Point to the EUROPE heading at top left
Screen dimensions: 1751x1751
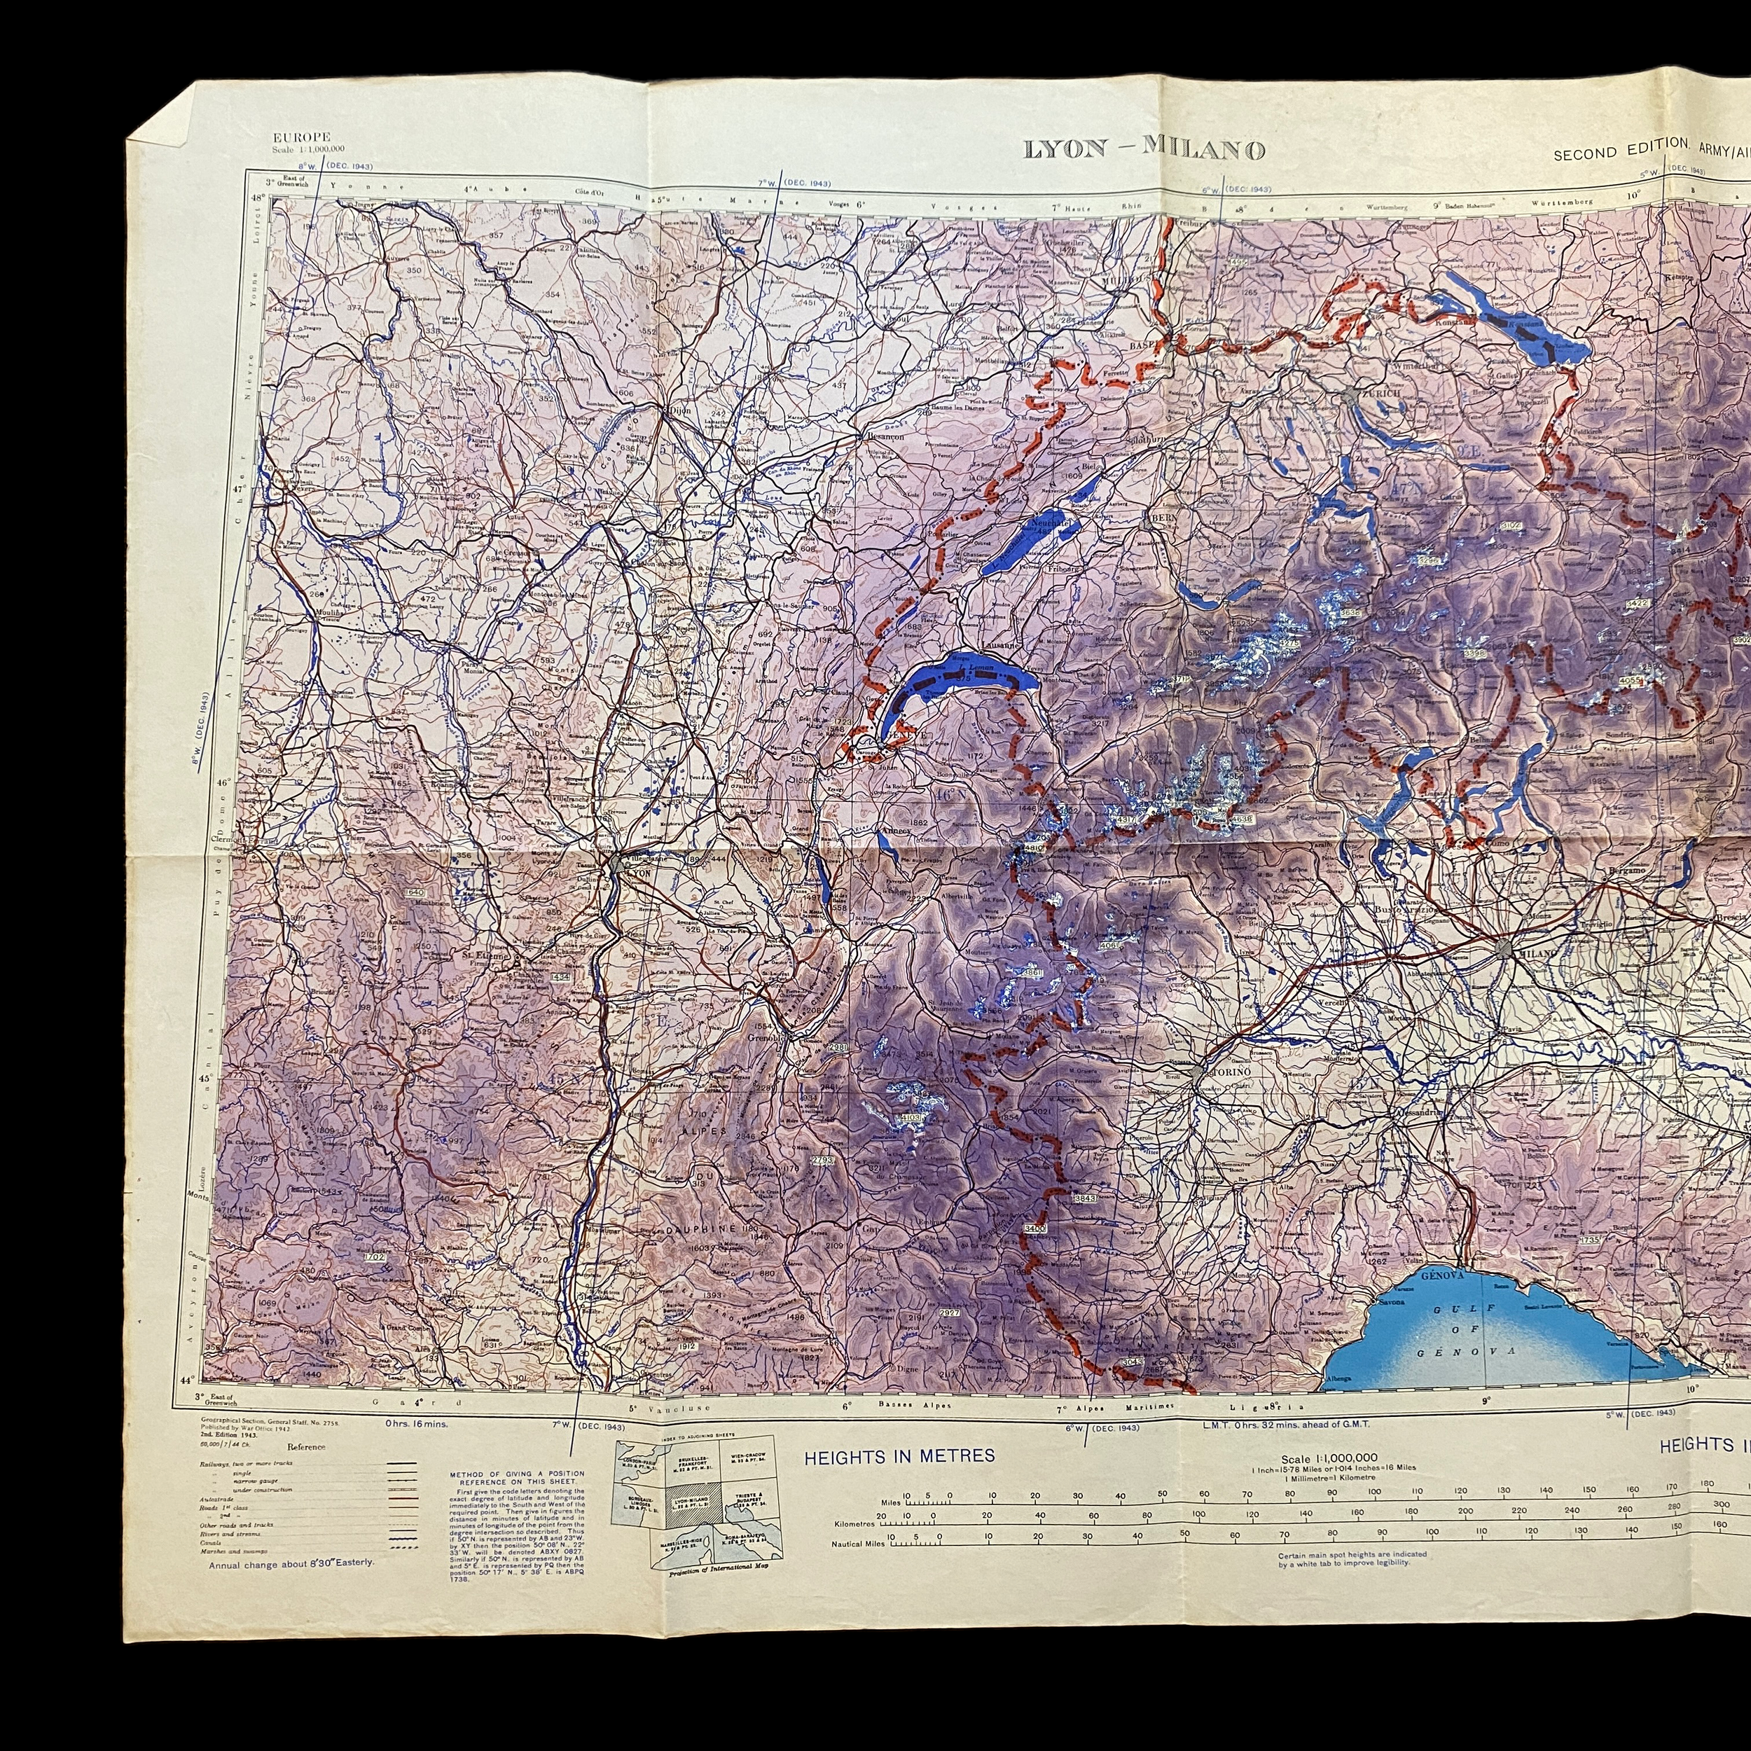click(x=302, y=137)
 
